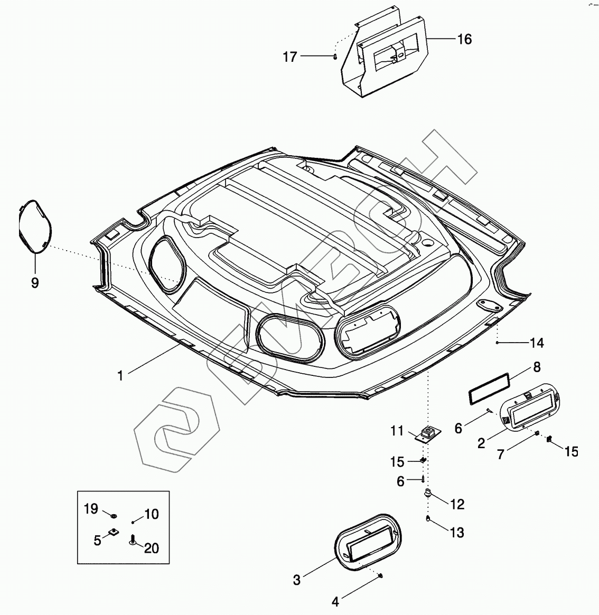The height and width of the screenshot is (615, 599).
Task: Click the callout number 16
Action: (464, 39)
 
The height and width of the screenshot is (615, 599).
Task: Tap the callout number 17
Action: (290, 56)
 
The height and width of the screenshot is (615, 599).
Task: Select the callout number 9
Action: (35, 283)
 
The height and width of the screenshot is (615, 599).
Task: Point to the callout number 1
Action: (120, 375)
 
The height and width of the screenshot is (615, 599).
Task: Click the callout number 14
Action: (537, 343)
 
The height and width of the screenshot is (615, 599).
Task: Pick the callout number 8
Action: (537, 366)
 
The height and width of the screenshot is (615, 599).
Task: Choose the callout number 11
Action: (397, 431)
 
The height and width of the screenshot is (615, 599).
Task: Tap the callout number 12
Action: (457, 504)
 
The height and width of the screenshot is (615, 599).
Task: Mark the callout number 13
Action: (457, 533)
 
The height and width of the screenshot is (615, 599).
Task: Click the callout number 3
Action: (297, 580)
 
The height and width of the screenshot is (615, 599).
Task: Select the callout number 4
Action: (335, 601)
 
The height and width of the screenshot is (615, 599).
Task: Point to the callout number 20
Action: (152, 548)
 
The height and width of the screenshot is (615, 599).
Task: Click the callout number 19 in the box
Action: (91, 509)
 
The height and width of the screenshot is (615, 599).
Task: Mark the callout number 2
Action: (481, 443)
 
